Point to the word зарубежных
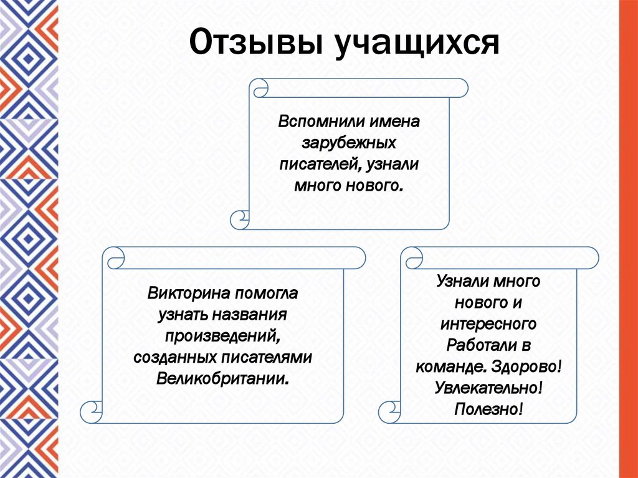(x=349, y=142)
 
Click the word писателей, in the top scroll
(x=318, y=164)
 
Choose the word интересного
(x=488, y=323)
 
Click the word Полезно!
(x=488, y=409)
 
